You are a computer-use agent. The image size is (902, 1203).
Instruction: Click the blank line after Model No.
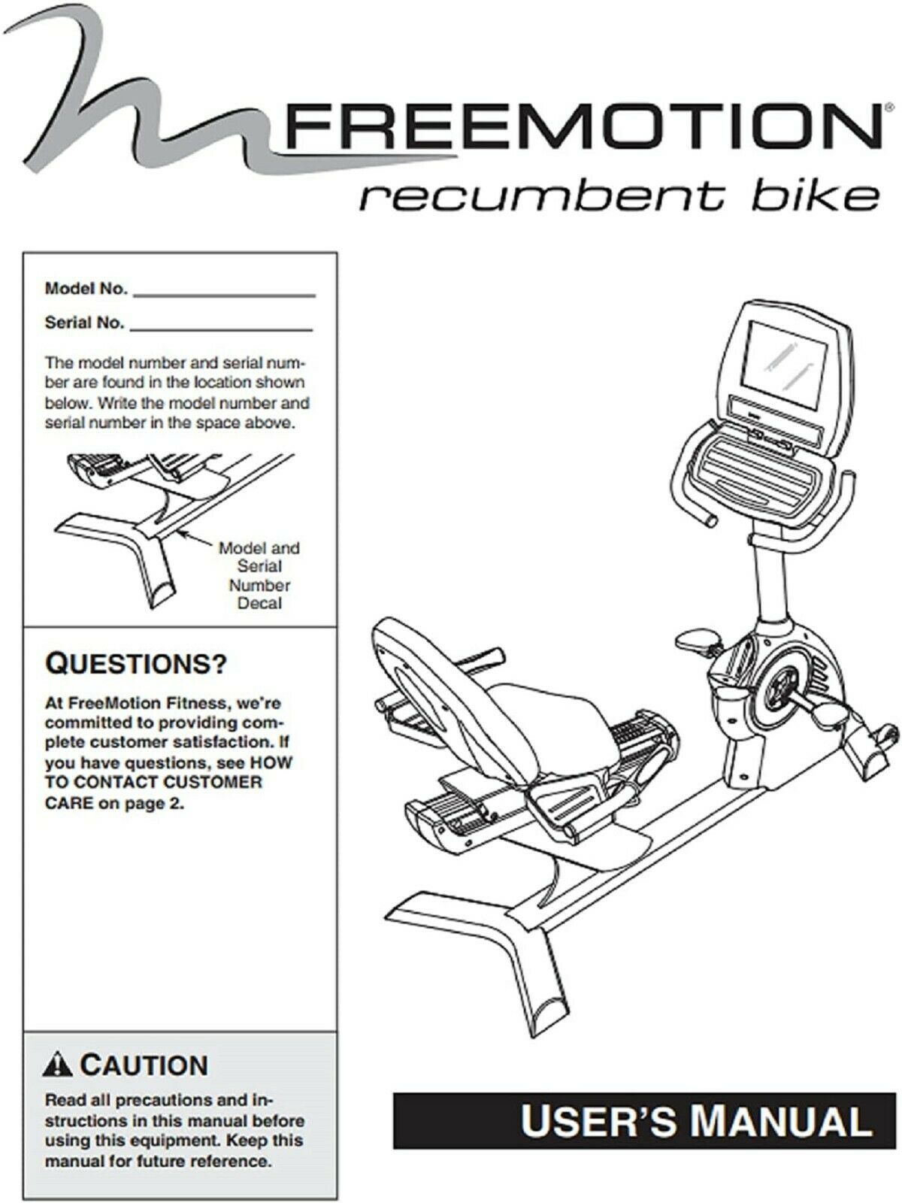coord(224,295)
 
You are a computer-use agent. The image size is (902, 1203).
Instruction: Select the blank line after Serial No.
coord(221,329)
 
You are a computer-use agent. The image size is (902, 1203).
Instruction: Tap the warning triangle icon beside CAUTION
coord(58,1065)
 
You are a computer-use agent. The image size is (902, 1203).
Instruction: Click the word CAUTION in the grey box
coord(143,1065)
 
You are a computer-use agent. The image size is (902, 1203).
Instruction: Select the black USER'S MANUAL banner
coord(633,1120)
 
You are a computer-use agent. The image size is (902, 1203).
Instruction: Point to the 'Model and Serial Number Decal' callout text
coord(259,575)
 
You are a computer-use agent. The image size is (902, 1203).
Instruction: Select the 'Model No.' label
coord(86,289)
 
